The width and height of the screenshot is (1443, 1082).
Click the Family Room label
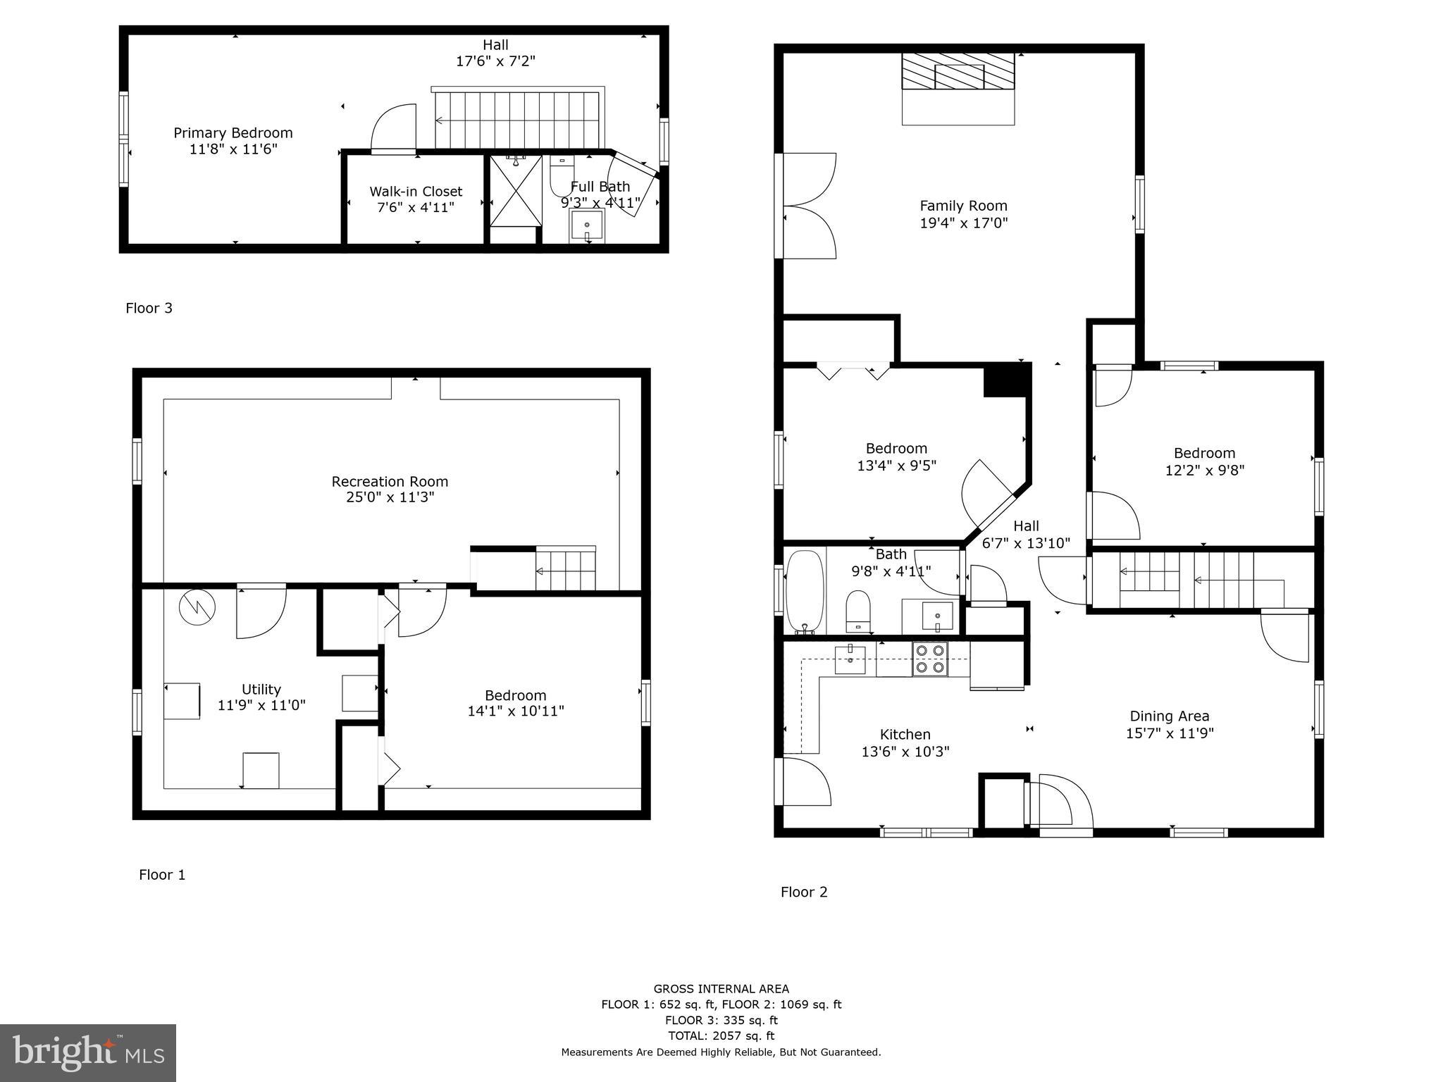point(963,206)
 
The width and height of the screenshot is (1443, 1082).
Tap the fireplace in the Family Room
point(958,72)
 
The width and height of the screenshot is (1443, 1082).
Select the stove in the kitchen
point(930,659)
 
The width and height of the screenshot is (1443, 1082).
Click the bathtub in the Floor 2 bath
point(804,592)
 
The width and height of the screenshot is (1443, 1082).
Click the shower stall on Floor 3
point(516,190)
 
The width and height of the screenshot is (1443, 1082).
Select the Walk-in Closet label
point(416,191)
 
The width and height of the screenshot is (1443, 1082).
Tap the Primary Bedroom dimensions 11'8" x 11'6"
point(233,149)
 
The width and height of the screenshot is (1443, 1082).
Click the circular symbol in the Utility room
point(197,607)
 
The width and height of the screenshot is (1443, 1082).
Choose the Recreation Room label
point(390,481)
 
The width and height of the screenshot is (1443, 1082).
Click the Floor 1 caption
point(162,875)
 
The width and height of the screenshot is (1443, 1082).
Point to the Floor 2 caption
point(804,892)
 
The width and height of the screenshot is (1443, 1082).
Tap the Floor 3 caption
point(149,308)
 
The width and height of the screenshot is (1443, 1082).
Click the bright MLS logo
point(88,1052)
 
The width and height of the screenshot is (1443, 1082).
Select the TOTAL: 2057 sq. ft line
point(721,1036)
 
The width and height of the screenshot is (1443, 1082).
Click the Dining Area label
point(1170,716)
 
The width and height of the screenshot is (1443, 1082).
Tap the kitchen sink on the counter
point(850,659)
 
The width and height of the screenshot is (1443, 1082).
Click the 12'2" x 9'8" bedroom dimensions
point(1204,470)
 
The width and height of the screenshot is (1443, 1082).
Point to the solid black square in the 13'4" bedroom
point(1006,381)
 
